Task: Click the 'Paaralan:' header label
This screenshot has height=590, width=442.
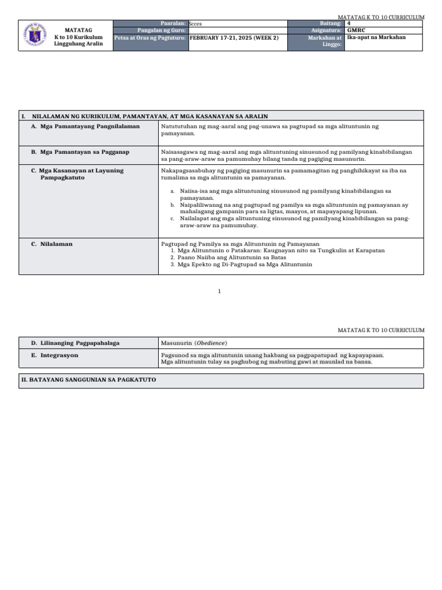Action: [x=172, y=23]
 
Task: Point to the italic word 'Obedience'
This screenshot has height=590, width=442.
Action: [x=209, y=343]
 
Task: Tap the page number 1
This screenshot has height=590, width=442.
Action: [x=219, y=292]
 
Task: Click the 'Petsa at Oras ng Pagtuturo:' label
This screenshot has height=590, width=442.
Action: [x=150, y=37]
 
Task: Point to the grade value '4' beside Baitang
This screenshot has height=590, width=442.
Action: [x=349, y=23]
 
